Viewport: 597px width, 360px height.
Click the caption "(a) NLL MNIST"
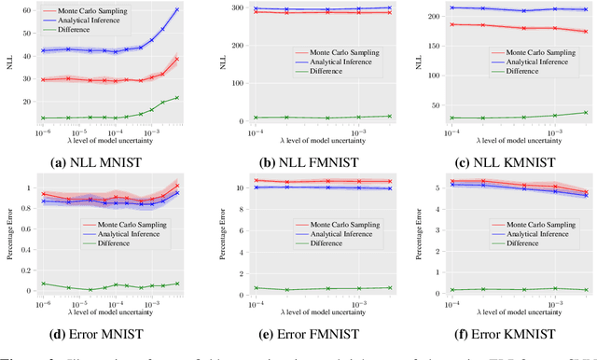pos(109,159)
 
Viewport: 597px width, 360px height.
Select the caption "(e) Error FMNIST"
pos(313,328)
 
